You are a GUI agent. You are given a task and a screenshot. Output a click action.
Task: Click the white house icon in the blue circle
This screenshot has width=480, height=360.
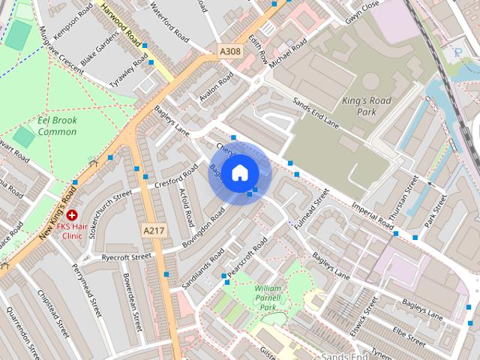tap(239, 172)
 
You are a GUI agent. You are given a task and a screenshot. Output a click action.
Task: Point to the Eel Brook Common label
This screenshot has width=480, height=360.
tap(57, 126)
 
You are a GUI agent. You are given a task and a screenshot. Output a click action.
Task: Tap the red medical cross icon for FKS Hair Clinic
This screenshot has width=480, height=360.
tap(72, 215)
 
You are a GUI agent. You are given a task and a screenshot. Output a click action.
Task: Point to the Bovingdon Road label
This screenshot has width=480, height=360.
tap(202, 229)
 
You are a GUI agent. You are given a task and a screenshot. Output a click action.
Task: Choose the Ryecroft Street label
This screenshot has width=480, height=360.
tap(126, 257)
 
